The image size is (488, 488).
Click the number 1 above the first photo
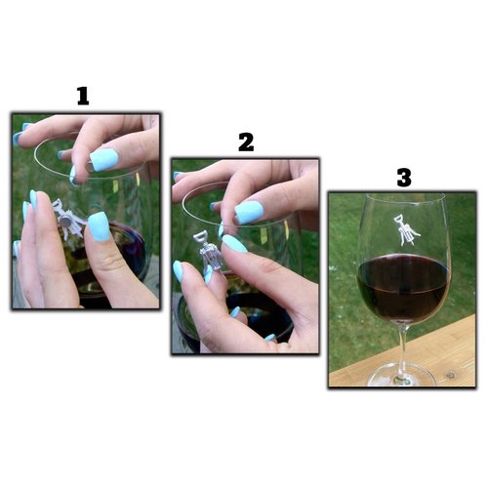pyautogui.click(x=83, y=96)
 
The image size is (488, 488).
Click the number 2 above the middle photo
pyautogui.click(x=246, y=142)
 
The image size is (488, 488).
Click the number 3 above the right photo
pyautogui.click(x=403, y=178)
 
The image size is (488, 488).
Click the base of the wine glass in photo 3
pyautogui.click(x=403, y=375)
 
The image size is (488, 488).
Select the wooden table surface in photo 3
pyautogui.click(x=449, y=356)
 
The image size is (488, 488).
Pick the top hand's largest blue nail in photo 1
pyautogui.click(x=104, y=159)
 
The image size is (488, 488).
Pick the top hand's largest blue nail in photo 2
pyautogui.click(x=249, y=211)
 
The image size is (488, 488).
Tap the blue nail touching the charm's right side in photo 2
pyautogui.click(x=234, y=243)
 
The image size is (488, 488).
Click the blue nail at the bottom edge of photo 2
pyautogui.click(x=268, y=338)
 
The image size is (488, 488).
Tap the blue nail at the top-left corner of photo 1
pyautogui.click(x=18, y=138)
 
